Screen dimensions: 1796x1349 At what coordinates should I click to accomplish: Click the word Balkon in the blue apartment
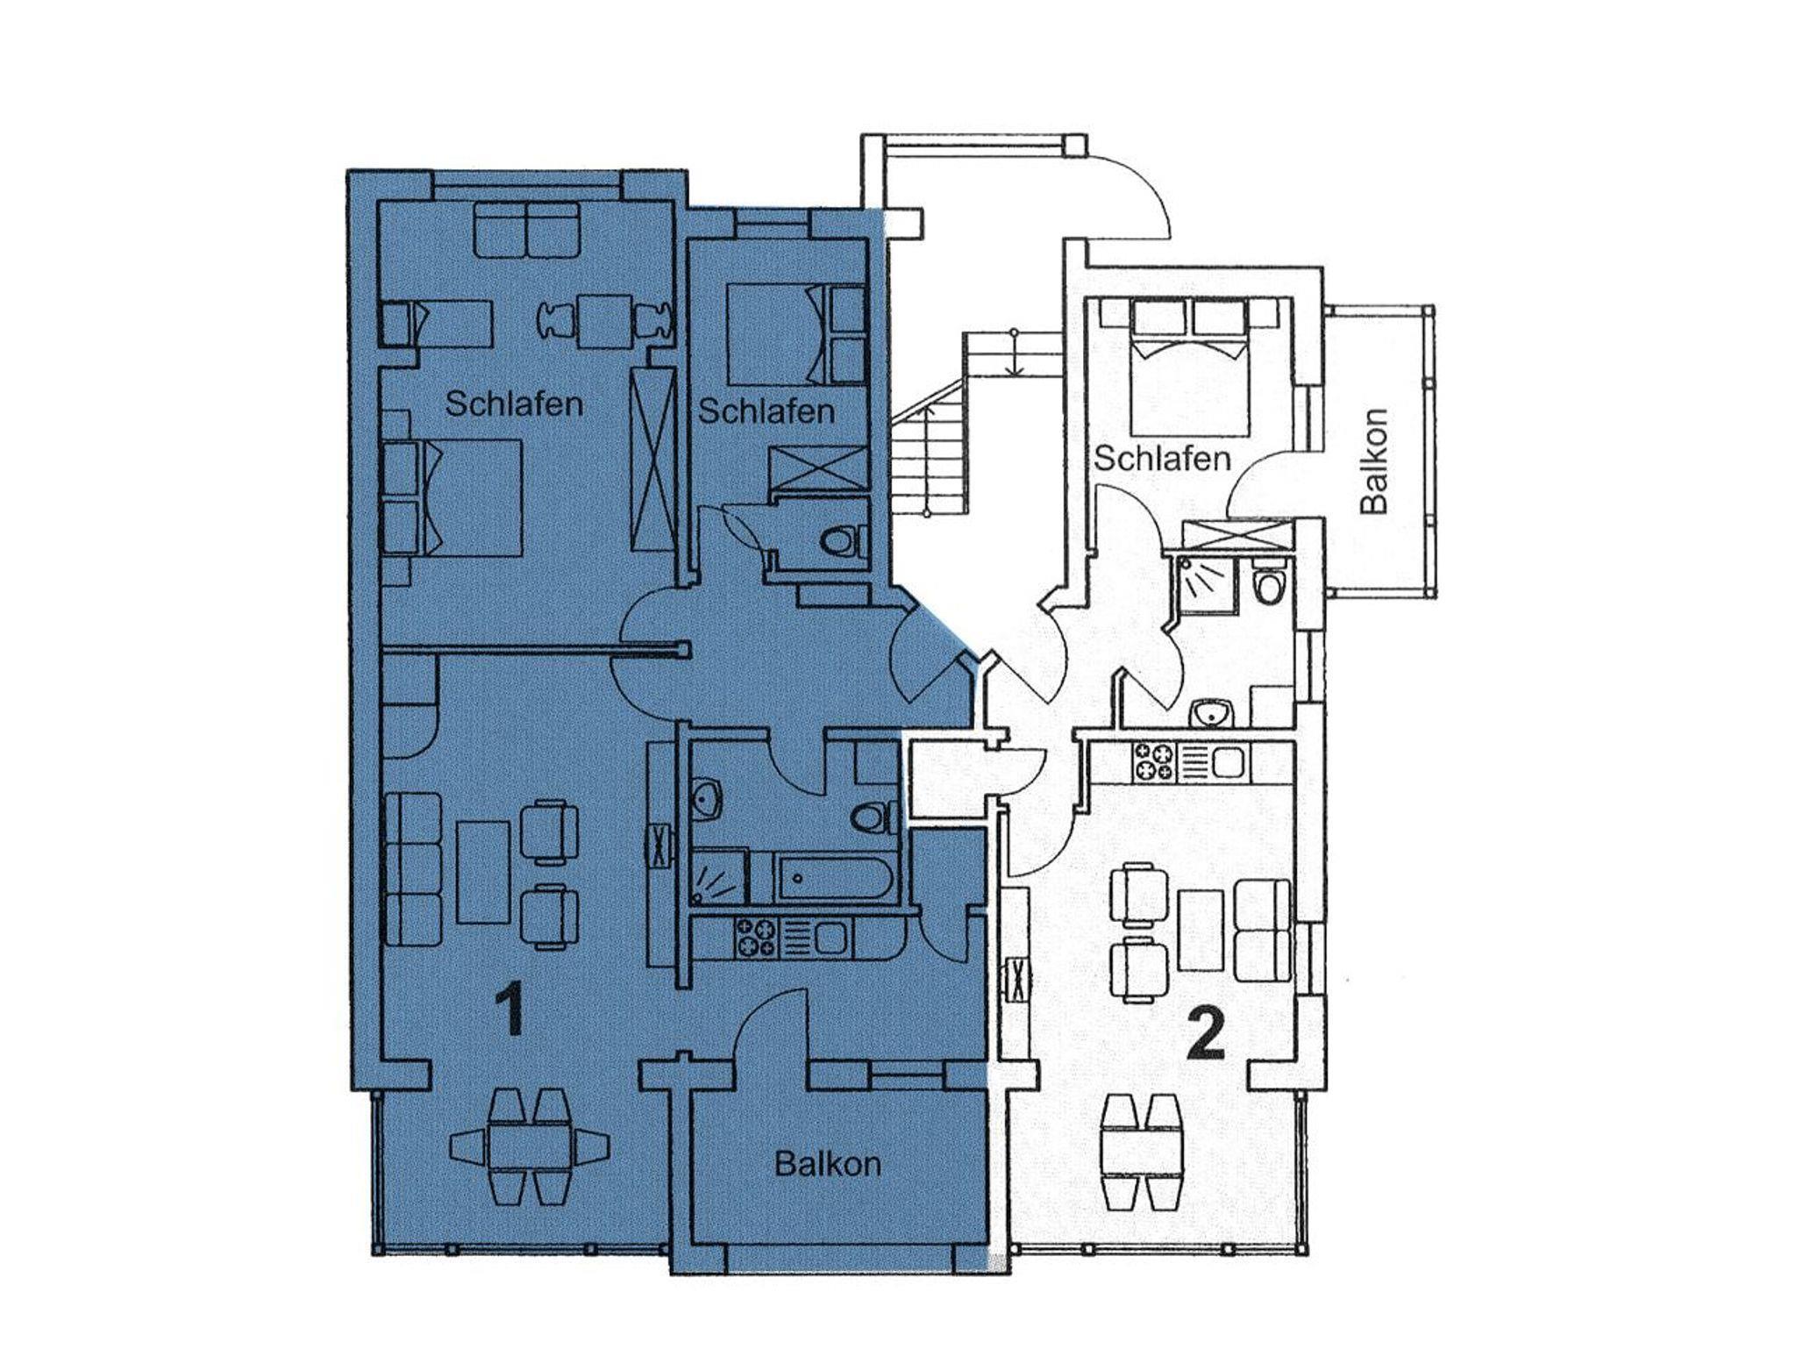click(x=828, y=1164)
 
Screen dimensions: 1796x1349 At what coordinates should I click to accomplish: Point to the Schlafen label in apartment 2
click(x=1163, y=458)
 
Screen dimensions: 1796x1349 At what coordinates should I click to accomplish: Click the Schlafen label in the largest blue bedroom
click(x=514, y=404)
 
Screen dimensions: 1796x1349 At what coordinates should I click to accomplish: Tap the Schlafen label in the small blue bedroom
click(x=766, y=410)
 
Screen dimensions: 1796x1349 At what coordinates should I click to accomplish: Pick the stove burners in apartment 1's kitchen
click(x=756, y=937)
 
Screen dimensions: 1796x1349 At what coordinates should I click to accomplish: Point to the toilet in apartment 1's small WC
click(x=843, y=540)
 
